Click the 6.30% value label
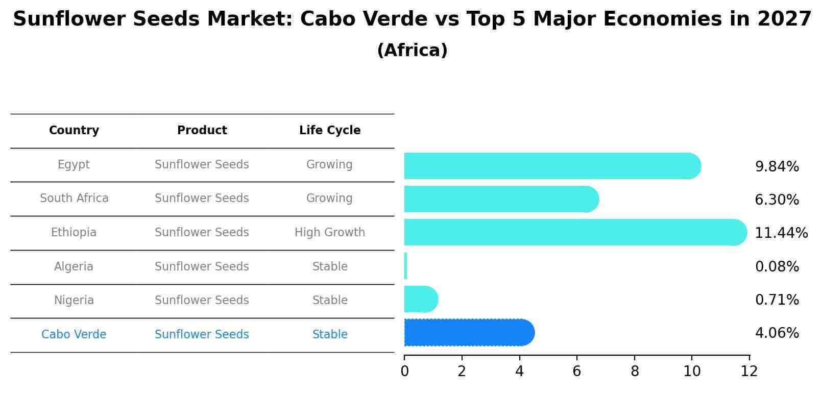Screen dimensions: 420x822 point(777,200)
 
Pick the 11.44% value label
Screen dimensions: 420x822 point(781,233)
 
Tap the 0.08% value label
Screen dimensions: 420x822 point(777,266)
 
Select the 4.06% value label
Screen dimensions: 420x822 point(777,333)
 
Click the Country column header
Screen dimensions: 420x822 point(74,131)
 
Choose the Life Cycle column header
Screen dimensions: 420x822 point(330,131)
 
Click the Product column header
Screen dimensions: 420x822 point(202,131)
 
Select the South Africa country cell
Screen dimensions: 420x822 point(74,198)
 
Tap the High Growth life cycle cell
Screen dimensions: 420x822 point(330,232)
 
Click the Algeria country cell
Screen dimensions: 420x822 point(74,266)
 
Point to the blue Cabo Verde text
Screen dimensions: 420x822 point(74,334)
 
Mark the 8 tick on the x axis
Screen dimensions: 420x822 point(635,371)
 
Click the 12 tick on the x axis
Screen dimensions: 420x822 point(749,371)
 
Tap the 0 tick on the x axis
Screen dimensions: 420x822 point(404,371)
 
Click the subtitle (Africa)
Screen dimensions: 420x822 point(412,51)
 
